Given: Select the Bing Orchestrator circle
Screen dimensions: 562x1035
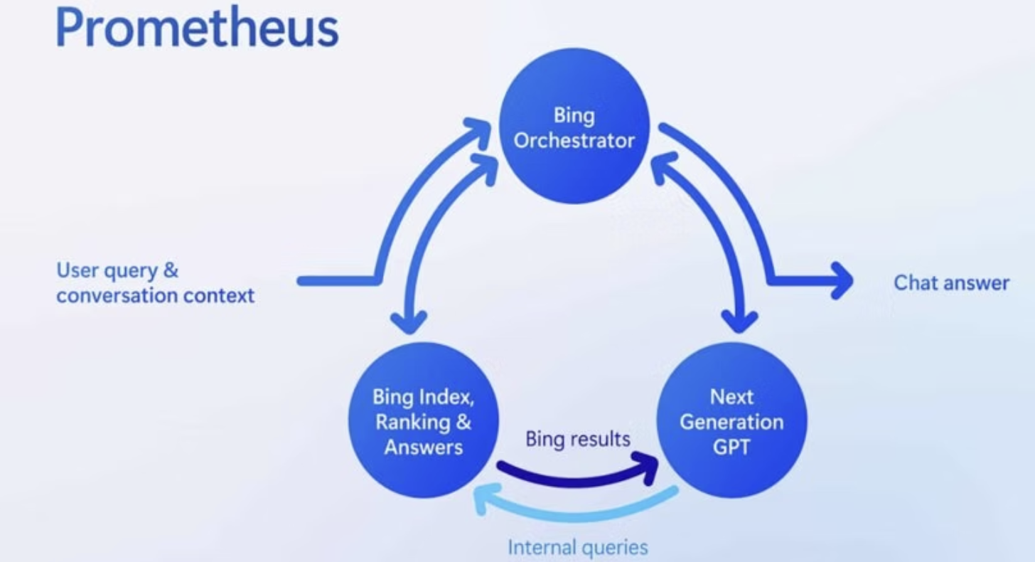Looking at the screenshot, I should coord(574,128).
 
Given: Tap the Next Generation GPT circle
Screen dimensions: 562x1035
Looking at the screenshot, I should coord(731,420).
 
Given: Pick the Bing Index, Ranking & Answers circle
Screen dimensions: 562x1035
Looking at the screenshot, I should coord(423,420).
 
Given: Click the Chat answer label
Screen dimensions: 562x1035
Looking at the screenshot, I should coord(951,283).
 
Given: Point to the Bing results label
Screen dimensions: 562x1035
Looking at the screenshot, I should coord(578,439).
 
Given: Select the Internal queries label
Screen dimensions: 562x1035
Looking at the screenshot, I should coord(578,548).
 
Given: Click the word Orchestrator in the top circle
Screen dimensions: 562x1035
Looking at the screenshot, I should coord(574,140).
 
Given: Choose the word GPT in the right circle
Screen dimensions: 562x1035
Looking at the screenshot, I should coord(731,447).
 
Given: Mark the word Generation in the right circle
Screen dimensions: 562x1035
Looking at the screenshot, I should coord(731,422).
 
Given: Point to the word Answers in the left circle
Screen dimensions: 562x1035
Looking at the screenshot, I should coord(424,447).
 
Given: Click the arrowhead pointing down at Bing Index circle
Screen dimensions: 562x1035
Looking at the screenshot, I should coord(409,324).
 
